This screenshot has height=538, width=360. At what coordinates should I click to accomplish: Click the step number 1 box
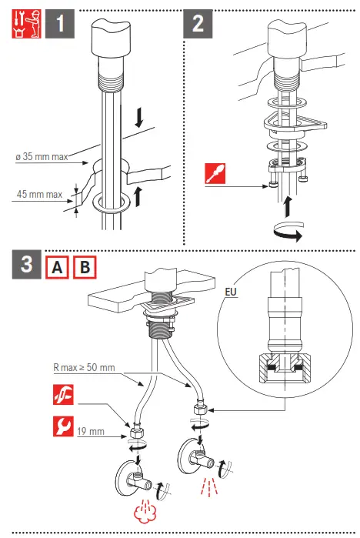click(60, 24)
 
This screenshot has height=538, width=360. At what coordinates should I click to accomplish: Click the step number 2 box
click(198, 24)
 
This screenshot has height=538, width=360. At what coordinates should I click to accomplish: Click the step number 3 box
click(27, 264)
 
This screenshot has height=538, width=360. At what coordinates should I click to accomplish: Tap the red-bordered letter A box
click(57, 267)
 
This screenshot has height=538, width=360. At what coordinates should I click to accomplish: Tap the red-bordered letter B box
click(85, 267)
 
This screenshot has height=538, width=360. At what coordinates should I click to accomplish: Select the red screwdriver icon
click(215, 174)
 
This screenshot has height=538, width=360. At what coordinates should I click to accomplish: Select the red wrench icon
click(63, 426)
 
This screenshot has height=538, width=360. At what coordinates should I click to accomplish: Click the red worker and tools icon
click(26, 24)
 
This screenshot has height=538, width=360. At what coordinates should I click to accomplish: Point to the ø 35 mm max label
click(42, 157)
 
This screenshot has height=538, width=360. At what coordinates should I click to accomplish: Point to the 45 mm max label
click(39, 194)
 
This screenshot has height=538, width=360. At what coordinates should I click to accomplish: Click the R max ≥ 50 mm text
click(84, 367)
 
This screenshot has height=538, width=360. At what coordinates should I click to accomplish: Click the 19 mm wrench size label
click(91, 431)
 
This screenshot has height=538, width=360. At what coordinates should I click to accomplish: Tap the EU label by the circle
click(231, 292)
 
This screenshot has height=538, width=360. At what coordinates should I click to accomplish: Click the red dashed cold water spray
click(209, 486)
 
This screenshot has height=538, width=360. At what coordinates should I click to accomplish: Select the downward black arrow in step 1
click(139, 118)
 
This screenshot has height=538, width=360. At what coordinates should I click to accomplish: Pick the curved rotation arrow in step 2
click(288, 231)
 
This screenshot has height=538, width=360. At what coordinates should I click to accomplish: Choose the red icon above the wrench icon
click(63, 395)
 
